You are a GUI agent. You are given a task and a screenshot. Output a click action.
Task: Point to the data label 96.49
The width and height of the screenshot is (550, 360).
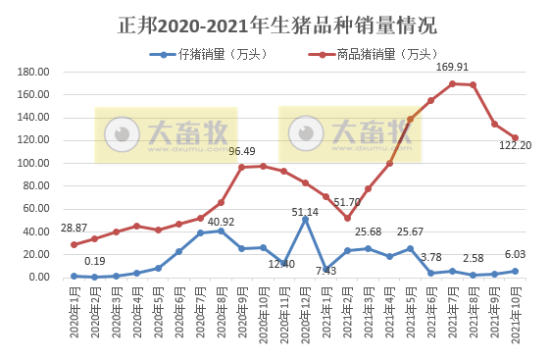(243, 152)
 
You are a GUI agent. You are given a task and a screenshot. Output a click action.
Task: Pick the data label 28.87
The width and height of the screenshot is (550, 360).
(75, 229)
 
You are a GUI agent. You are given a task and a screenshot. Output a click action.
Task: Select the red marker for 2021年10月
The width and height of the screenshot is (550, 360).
(516, 137)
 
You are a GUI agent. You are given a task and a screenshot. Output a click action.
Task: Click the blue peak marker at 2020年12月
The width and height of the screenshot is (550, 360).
(305, 220)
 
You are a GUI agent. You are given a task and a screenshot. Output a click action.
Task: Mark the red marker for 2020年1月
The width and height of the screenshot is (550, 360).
(74, 244)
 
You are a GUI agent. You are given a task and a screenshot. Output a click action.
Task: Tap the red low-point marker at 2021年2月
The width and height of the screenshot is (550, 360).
(347, 218)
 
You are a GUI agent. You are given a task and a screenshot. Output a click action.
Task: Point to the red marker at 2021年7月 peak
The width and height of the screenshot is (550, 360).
(452, 83)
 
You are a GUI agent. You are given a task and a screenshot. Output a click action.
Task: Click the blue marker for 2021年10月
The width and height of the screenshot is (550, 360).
(516, 271)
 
